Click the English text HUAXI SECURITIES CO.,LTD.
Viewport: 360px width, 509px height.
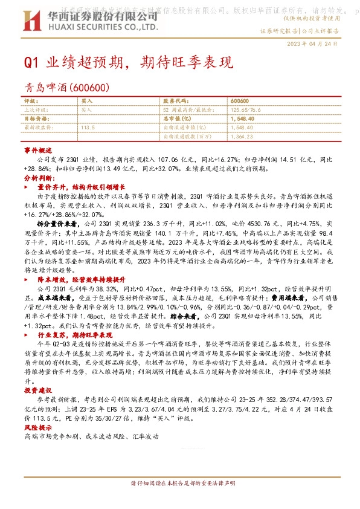(103, 27)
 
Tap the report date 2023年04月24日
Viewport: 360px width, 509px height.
(321, 44)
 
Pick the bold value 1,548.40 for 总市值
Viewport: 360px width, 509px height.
(242, 119)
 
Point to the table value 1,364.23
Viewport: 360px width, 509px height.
(242, 137)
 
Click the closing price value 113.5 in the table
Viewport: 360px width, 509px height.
(88, 128)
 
